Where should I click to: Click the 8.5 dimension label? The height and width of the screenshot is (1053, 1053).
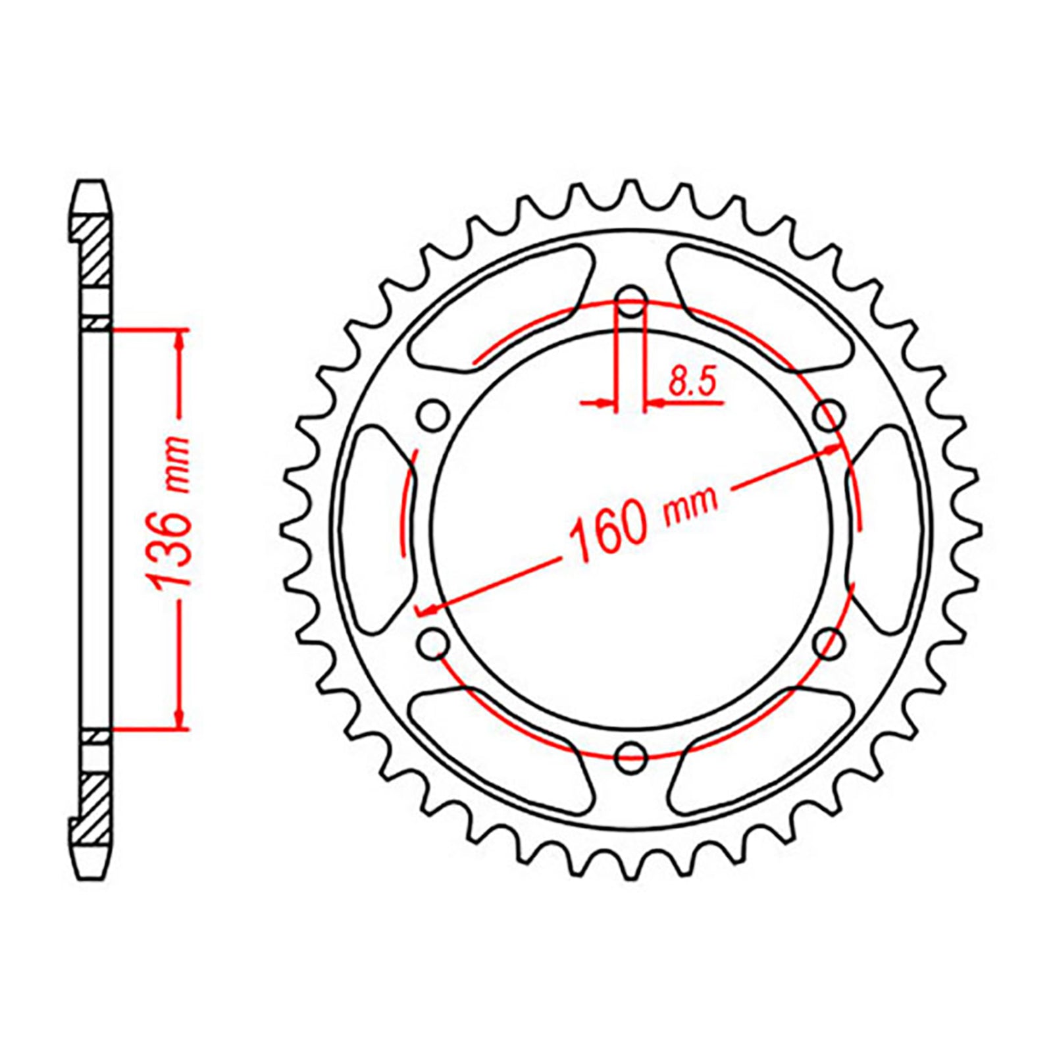(691, 382)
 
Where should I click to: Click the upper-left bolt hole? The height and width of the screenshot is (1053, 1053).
(432, 415)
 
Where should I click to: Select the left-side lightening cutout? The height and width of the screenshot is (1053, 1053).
(378, 530)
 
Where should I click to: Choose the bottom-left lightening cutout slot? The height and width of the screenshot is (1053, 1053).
(497, 750)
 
